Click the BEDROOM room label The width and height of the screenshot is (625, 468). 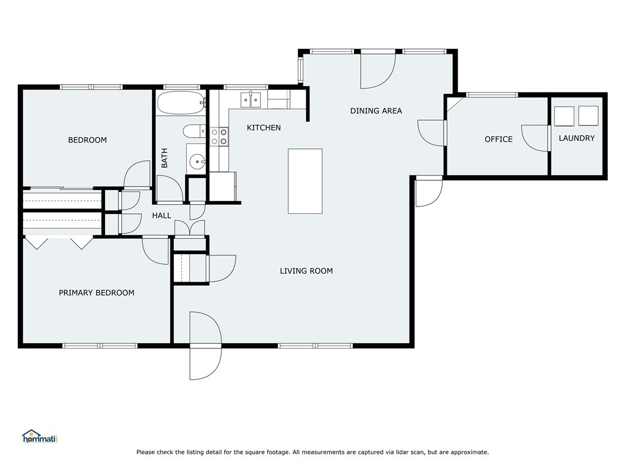(x=87, y=140)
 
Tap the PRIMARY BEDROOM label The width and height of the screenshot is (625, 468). (x=96, y=292)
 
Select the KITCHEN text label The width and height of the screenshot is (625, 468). (x=264, y=128)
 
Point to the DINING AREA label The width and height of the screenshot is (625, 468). (x=376, y=111)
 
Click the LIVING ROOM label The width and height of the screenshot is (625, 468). (x=306, y=271)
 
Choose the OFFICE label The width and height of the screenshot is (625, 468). (x=499, y=140)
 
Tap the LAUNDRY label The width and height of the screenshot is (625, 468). (x=577, y=138)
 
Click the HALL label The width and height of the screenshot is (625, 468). (x=162, y=216)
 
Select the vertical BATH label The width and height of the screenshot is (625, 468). (x=164, y=158)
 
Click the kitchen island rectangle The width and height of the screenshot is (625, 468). (x=305, y=181)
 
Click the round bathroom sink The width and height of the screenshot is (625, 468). (x=197, y=161)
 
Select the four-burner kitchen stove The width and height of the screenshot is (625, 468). (x=219, y=136)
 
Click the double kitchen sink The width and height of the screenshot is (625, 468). (x=251, y=99)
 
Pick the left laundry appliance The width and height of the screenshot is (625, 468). (x=563, y=115)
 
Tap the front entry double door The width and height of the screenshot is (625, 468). (x=205, y=346)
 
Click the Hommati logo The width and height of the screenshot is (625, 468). (x=39, y=436)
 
